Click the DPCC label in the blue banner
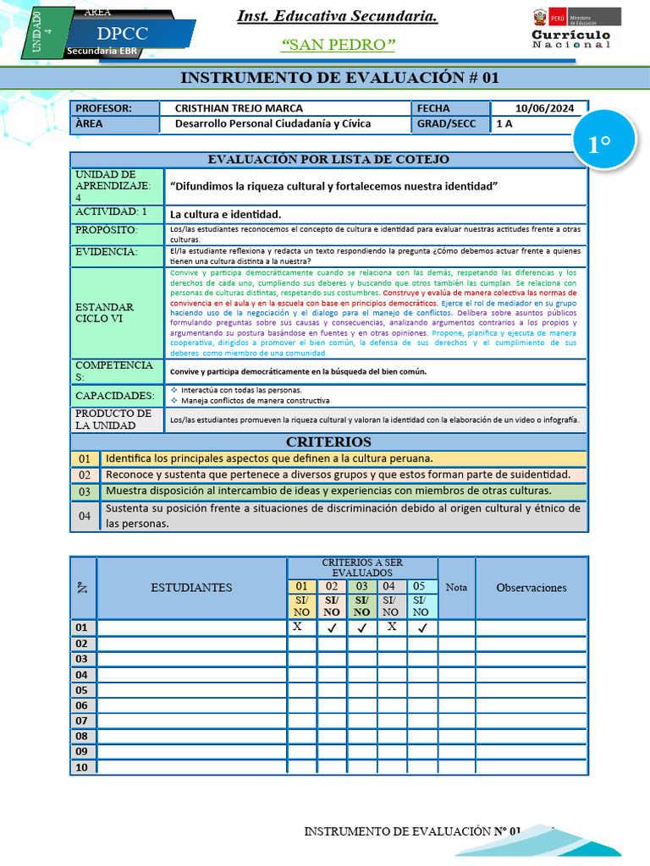(x=122, y=34)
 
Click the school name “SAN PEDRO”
(x=337, y=44)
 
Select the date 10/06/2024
(x=544, y=108)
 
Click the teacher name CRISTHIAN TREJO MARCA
(x=238, y=108)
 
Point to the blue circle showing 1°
(x=599, y=144)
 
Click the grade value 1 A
(x=504, y=123)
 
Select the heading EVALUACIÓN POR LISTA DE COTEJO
(x=328, y=159)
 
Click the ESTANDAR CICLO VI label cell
(x=104, y=313)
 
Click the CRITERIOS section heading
(x=328, y=441)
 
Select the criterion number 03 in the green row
(x=85, y=491)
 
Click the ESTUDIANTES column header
(x=191, y=588)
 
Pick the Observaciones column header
(x=531, y=588)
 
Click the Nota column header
(x=456, y=588)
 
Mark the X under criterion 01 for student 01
(x=297, y=628)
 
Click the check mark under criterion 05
(x=422, y=628)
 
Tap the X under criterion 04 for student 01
(x=392, y=628)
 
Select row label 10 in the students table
(x=81, y=767)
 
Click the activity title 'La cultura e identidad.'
(x=225, y=214)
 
